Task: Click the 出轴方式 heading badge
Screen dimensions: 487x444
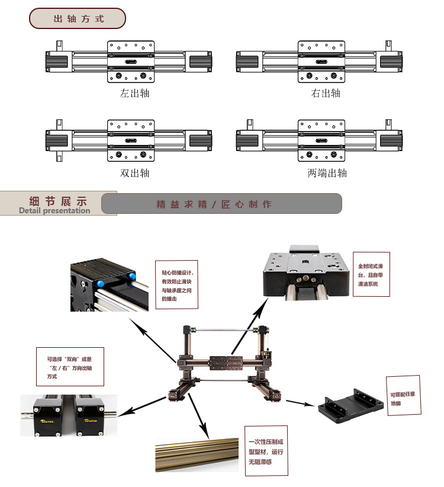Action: pos(78,18)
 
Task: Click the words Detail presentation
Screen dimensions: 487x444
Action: pos(54,210)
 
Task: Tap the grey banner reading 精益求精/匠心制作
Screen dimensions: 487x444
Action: pos(221,204)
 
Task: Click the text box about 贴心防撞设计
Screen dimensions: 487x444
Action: pos(177,283)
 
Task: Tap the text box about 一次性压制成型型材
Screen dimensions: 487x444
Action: pos(266,451)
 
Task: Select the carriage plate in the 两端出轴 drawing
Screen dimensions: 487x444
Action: pos(321,140)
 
